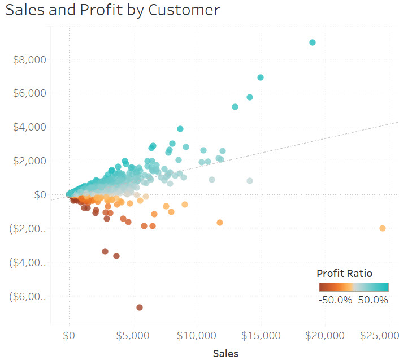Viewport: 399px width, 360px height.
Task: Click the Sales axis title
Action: pos(225,354)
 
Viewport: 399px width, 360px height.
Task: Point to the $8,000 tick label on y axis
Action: pos(29,59)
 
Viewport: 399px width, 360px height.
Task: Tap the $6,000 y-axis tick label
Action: pos(29,93)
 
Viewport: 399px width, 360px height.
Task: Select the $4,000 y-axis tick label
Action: pos(29,127)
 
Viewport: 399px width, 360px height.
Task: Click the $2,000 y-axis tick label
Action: pos(29,161)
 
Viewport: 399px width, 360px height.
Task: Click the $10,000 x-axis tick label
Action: pos(195,335)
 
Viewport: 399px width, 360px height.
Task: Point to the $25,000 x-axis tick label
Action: pos(379,335)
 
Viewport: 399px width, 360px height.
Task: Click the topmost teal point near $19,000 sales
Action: pos(313,42)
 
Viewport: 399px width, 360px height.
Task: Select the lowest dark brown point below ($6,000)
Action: pos(140,307)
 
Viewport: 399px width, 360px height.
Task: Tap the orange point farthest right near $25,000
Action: pos(383,228)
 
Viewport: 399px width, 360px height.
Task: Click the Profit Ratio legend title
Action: pos(345,274)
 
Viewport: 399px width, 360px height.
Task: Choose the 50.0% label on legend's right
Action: pos(373,300)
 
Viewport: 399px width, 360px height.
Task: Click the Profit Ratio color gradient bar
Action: pos(353,287)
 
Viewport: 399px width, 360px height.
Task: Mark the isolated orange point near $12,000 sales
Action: pos(220,223)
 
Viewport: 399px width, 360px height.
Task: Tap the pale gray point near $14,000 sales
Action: pos(250,181)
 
